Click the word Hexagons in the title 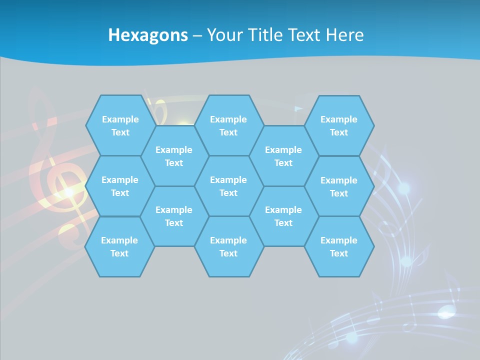(148, 35)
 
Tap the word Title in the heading (267, 35)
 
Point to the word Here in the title (344, 35)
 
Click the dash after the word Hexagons (197, 35)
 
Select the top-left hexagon (120, 125)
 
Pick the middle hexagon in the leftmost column (120, 186)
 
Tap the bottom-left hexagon (119, 246)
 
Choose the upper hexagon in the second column (174, 156)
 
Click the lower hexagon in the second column (174, 216)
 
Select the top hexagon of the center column (228, 125)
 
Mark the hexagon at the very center (228, 186)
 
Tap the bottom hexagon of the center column (228, 246)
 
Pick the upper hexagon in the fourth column (283, 156)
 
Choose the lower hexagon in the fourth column (283, 216)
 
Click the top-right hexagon (339, 125)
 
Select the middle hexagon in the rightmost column (339, 186)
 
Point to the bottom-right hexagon (339, 246)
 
